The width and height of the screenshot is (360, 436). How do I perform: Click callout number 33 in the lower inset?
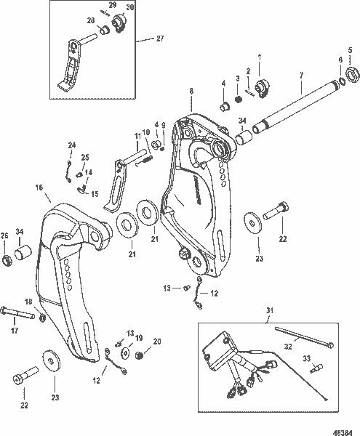(x=306, y=357)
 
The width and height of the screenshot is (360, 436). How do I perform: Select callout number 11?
(x=137, y=137)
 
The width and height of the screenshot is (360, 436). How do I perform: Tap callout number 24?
(x=71, y=145)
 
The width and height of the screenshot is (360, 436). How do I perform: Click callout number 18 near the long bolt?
(x=29, y=302)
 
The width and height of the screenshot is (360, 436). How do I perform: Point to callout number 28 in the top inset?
(x=91, y=20)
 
